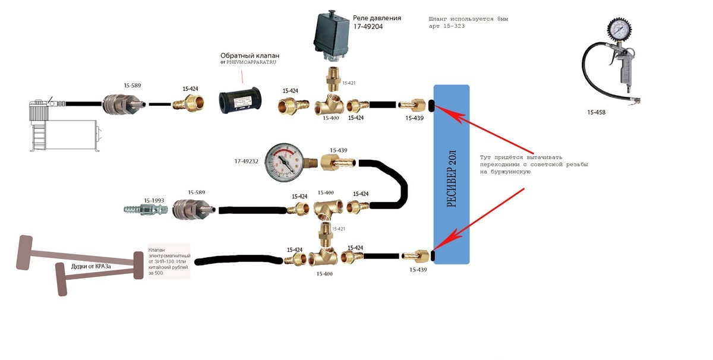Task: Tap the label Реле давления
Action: pos(377,18)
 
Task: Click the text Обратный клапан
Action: pos(250,56)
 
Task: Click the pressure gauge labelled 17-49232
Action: pos(284,161)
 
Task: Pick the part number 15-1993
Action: pos(153,201)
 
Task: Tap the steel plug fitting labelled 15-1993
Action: pos(144,210)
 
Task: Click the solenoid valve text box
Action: pos(169,261)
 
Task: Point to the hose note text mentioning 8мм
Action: pos(468,23)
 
